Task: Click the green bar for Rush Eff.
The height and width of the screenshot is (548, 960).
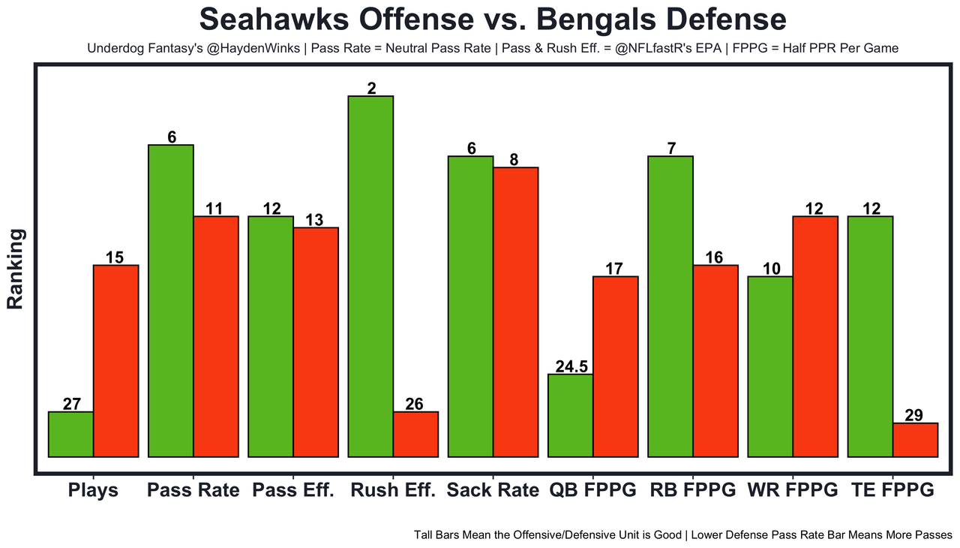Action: point(370,276)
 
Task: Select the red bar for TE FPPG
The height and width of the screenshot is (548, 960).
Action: point(915,440)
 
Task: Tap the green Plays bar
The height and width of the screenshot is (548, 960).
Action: point(70,434)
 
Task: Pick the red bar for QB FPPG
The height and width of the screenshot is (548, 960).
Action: point(615,366)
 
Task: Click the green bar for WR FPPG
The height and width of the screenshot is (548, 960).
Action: point(770,366)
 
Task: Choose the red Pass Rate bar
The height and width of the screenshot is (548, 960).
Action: point(216,336)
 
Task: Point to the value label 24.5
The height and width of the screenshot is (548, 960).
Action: point(571,366)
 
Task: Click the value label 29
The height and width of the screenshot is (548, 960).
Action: point(914,415)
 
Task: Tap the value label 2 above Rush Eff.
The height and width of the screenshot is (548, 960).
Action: point(371,89)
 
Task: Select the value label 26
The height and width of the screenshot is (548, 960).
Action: point(415,404)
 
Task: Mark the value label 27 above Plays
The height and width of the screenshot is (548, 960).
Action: point(71,404)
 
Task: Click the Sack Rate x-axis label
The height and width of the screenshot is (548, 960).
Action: point(493,490)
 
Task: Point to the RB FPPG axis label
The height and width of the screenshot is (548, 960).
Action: point(692,490)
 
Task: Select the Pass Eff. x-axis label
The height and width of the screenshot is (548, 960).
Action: point(293,490)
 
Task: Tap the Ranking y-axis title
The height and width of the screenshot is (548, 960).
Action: point(16,269)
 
